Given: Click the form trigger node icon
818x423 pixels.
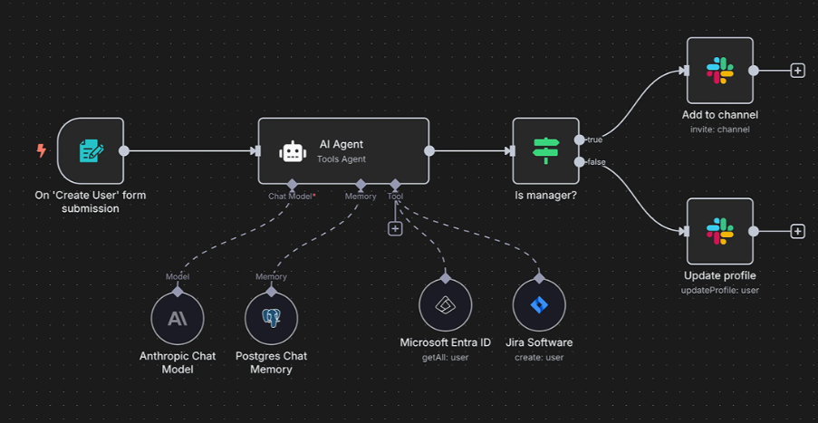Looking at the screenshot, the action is tap(91, 150).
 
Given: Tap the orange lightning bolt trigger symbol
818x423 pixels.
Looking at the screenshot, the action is tap(41, 150).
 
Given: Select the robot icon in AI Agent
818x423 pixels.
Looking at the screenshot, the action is tap(293, 150).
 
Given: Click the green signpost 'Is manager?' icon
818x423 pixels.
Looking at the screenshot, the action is tap(545, 150).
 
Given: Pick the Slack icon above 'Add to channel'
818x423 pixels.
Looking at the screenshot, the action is tap(720, 71).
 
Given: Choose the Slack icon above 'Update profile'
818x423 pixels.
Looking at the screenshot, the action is tap(720, 231).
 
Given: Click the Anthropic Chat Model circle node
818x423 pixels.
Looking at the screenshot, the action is tap(178, 318).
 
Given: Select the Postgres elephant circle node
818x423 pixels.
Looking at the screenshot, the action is tap(271, 318).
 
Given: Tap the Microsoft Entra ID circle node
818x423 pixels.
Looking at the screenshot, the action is tap(446, 305).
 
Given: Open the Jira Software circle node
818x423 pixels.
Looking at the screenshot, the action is tap(539, 305).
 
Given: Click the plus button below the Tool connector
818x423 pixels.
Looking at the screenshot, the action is tap(395, 228).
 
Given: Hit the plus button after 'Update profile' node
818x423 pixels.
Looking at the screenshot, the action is tap(797, 231).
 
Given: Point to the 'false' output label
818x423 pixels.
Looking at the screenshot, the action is tap(596, 162).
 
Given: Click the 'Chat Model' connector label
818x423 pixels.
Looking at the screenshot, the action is tap(291, 197).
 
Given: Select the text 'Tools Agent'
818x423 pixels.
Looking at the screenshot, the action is tap(342, 159).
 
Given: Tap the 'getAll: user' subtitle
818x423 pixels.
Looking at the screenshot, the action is tap(446, 357).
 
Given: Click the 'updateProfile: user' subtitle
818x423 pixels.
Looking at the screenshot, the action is tap(720, 290).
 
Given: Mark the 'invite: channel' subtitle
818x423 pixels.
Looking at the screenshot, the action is tap(720, 130).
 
